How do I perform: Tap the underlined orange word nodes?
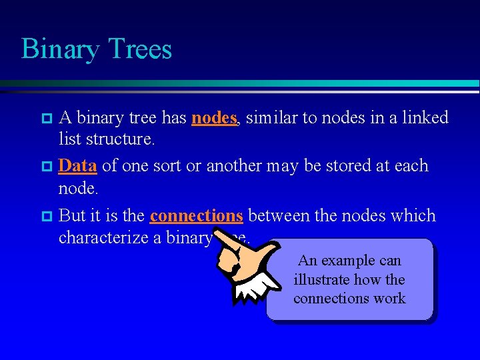click(214, 118)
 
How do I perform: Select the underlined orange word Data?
click(77, 166)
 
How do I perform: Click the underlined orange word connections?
click(196, 216)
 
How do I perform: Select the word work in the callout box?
click(389, 298)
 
